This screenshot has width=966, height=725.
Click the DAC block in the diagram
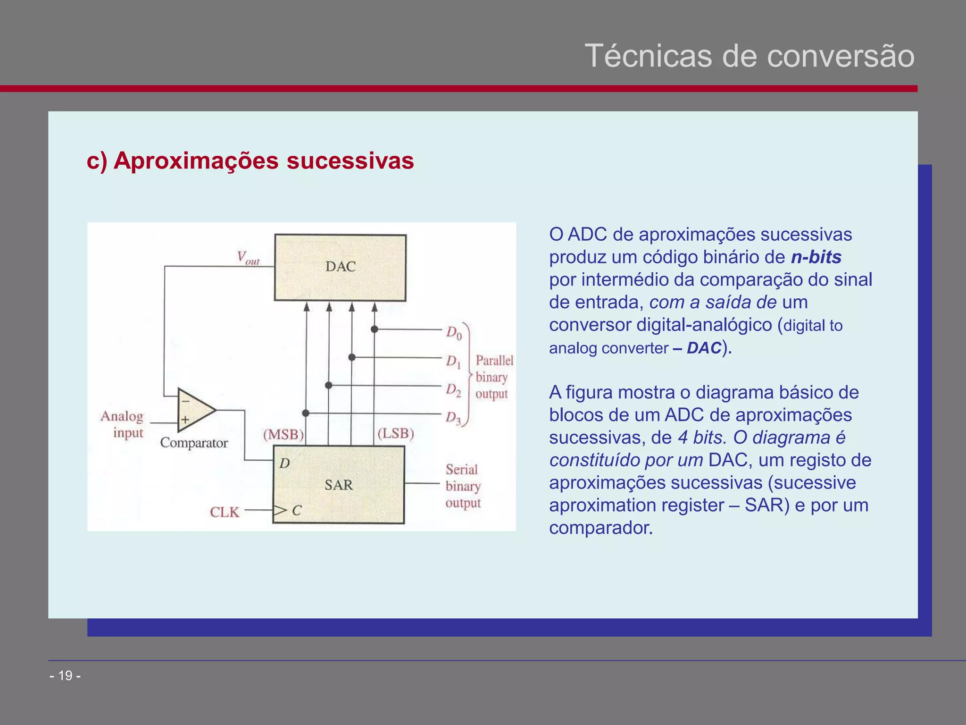(340, 268)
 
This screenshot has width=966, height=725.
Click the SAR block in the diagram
(339, 485)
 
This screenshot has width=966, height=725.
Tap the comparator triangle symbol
(194, 410)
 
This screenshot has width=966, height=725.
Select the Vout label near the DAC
(248, 258)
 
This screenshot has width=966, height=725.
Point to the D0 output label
(454, 333)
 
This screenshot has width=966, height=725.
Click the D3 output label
(454, 418)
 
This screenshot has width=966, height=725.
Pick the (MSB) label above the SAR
(283, 434)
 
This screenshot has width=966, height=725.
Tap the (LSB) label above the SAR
(395, 433)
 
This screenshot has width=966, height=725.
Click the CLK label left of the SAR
(225, 512)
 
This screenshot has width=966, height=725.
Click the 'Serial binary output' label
(463, 486)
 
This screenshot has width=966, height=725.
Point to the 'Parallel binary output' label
(493, 377)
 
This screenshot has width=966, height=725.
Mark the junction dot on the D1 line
(352, 357)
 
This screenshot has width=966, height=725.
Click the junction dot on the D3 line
(306, 413)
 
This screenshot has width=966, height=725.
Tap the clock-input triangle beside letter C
(280, 510)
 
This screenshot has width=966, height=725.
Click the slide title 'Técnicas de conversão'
(749, 56)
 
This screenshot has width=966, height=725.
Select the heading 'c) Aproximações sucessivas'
(250, 160)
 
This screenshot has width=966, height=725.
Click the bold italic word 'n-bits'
(816, 257)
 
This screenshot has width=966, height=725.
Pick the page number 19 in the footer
(65, 676)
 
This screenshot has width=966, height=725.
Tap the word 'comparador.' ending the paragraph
(601, 528)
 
